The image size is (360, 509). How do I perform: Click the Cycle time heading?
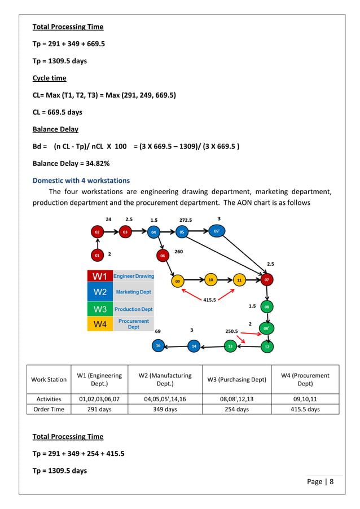49,78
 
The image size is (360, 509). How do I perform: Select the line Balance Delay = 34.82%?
71,163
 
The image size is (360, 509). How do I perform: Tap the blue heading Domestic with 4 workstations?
81,181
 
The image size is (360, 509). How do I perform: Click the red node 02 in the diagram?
97,231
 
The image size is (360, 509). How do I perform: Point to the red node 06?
163,256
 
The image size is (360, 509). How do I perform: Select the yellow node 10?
210,279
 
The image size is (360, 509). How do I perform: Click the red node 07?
267,279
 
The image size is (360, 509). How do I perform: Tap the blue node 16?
158,346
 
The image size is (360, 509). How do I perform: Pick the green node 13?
230,346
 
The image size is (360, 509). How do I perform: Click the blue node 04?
154,231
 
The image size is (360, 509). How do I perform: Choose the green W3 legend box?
100,309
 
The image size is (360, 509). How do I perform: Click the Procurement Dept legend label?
134,324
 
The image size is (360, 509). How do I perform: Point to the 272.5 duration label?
185,220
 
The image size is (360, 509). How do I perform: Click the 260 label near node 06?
179,251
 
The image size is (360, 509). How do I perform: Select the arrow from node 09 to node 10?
193,279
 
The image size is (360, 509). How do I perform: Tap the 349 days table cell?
165,409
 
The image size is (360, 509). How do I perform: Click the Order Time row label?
49,409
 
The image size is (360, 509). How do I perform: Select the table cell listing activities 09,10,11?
305,398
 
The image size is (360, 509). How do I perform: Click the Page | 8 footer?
321,481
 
